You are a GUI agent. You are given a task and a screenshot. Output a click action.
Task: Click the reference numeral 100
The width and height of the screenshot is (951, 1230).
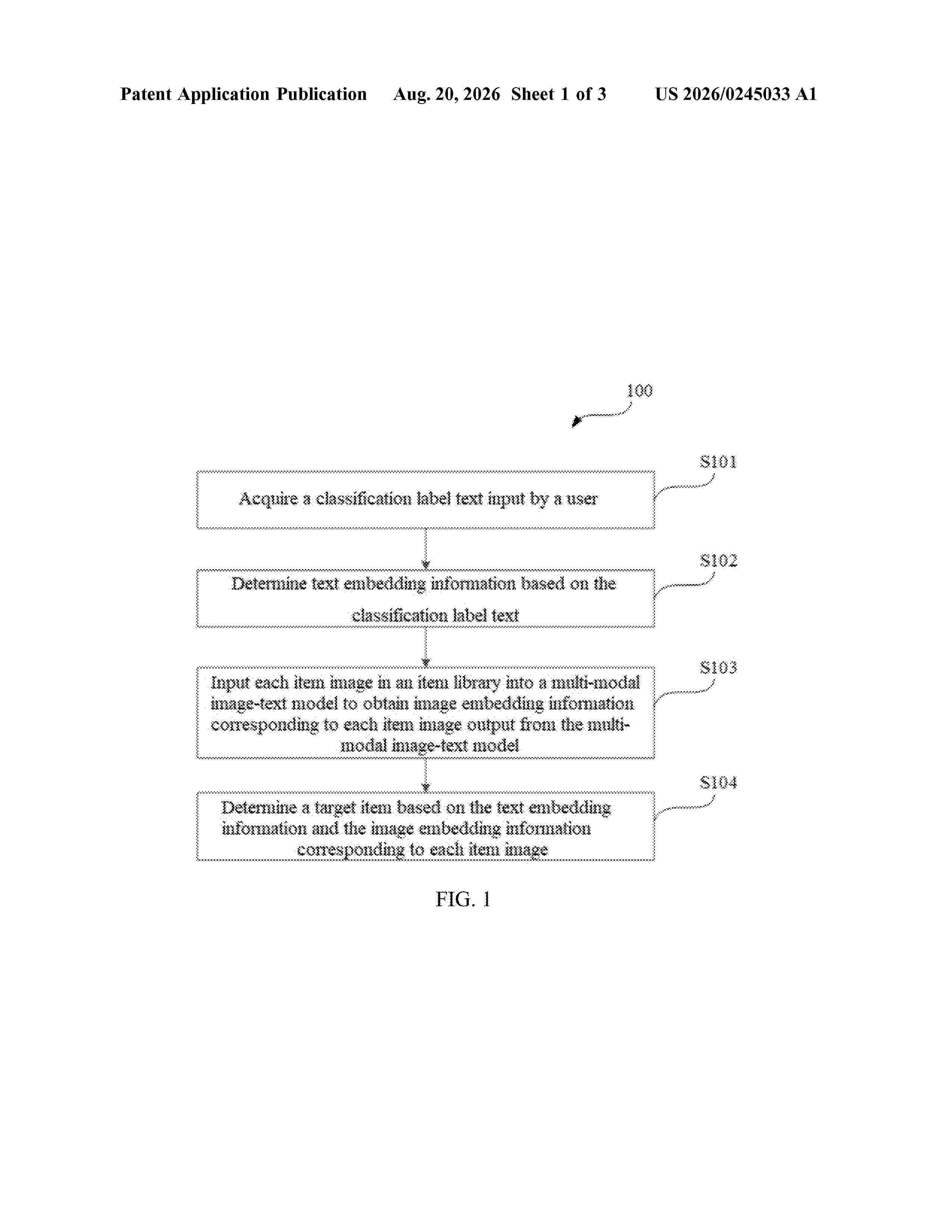pyautogui.click(x=640, y=391)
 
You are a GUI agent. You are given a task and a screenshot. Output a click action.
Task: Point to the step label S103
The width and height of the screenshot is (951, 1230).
pyautogui.click(x=718, y=668)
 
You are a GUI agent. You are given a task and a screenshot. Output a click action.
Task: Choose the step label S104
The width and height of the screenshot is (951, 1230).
pyautogui.click(x=718, y=782)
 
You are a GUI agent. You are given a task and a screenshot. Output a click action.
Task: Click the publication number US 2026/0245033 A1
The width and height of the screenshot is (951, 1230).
pyautogui.click(x=736, y=94)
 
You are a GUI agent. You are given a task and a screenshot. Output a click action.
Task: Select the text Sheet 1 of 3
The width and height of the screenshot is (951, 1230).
pyautogui.click(x=558, y=94)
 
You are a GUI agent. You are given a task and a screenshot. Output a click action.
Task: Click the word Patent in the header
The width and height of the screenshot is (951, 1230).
pyautogui.click(x=146, y=94)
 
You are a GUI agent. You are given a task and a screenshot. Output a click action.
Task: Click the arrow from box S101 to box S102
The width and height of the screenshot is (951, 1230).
pyautogui.click(x=426, y=549)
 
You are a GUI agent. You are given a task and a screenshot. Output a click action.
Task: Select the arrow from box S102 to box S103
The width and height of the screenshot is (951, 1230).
pyautogui.click(x=426, y=647)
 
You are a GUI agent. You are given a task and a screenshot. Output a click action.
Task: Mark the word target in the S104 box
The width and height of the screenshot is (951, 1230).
pyautogui.click(x=335, y=808)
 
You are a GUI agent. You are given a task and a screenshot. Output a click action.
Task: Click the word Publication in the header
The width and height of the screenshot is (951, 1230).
pyautogui.click(x=321, y=94)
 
